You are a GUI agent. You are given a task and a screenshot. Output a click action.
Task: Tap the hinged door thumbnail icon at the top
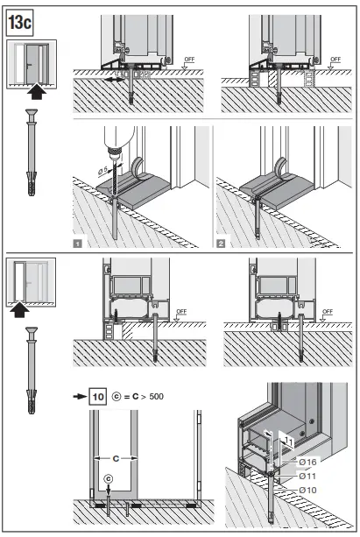point(32,63)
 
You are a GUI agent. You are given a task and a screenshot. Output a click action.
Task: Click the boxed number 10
point(98,396)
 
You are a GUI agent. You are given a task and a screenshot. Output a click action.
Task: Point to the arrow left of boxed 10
point(79,396)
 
